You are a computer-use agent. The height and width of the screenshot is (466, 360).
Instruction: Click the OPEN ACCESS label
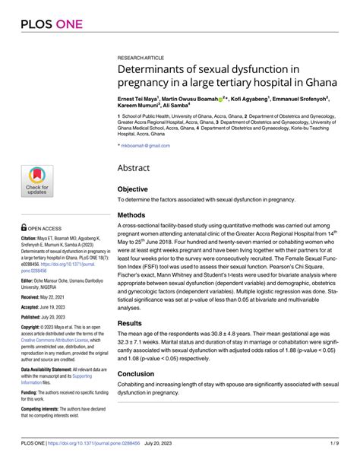[x=45, y=227]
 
